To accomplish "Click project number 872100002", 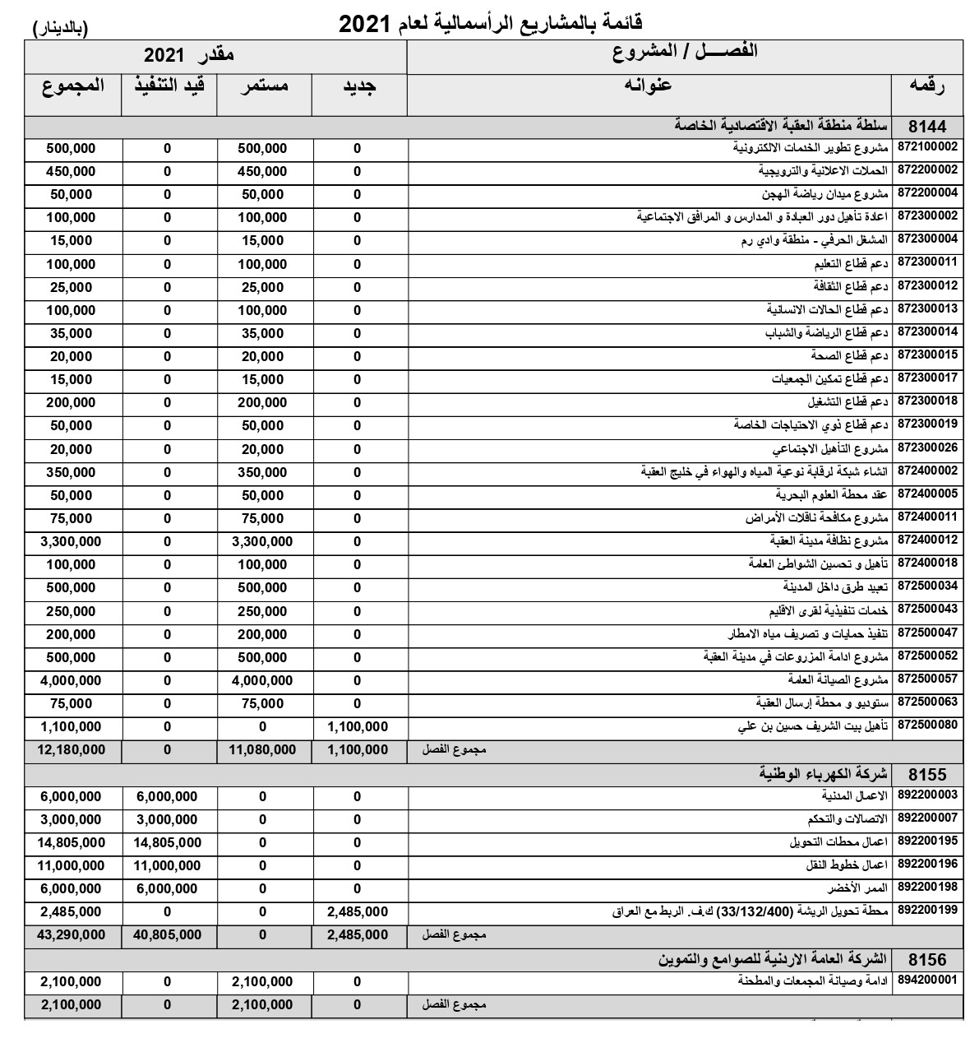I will pos(928,148).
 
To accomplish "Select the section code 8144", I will pos(928,126).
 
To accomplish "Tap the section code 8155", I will pos(928,773).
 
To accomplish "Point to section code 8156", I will pos(928,959).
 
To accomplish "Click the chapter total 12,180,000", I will pos(71,750).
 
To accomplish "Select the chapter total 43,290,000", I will pos(71,935).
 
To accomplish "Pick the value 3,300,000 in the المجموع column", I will pos(71,541).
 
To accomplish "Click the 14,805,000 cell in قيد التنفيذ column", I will pos(168,842).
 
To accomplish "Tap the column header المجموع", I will pos(73,86).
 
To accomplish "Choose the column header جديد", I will pos(358,86).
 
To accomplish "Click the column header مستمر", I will pos(264,86).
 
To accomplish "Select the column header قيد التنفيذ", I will pos(169,86).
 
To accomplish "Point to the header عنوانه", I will pos(649,86).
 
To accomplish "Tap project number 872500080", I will pos(928,726).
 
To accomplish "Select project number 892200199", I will pos(928,911).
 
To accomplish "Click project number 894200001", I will pos(928,981).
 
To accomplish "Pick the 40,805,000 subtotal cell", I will pos(168,935).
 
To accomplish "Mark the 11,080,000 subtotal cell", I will pos(262,750).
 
